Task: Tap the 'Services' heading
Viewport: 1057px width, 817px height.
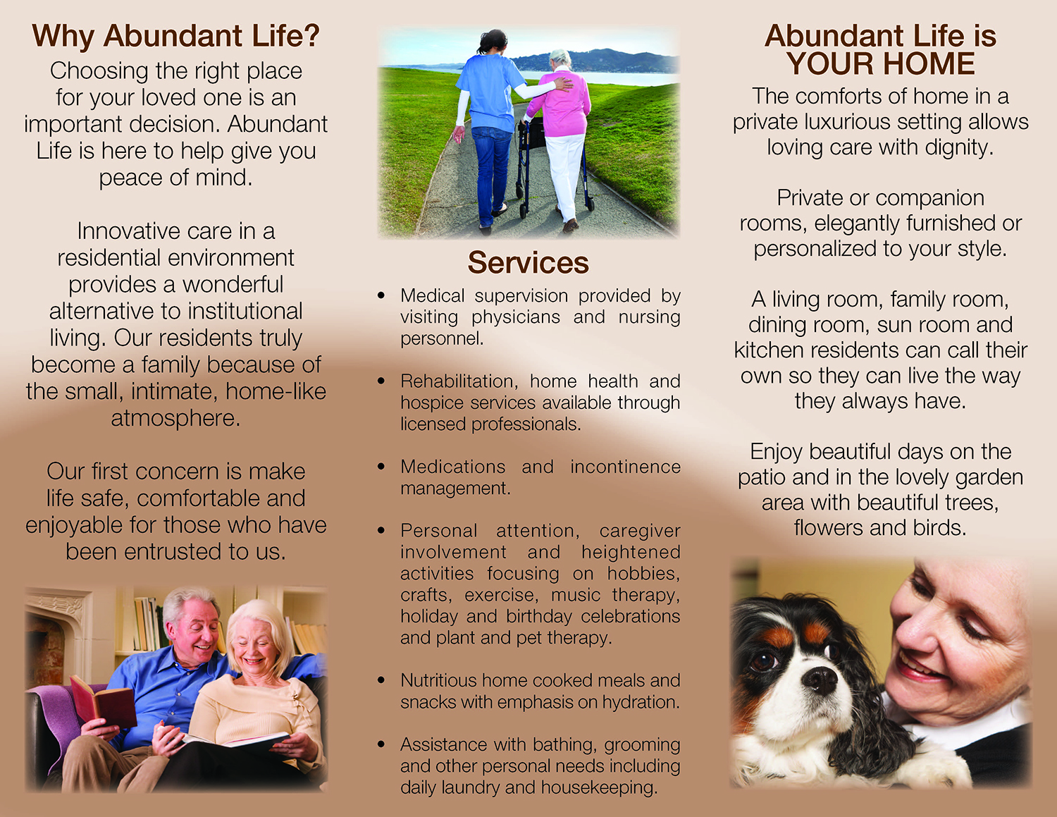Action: [528, 263]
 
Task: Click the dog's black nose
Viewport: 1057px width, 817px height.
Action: [820, 679]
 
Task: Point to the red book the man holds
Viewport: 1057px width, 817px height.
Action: [102, 701]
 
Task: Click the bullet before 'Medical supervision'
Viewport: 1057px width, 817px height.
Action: [381, 296]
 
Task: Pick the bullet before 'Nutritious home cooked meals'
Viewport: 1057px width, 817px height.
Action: [381, 681]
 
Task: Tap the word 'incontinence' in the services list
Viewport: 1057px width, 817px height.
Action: [625, 467]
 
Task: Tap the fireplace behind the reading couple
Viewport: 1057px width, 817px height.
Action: [53, 634]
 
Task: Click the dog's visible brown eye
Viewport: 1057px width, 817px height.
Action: [763, 662]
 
